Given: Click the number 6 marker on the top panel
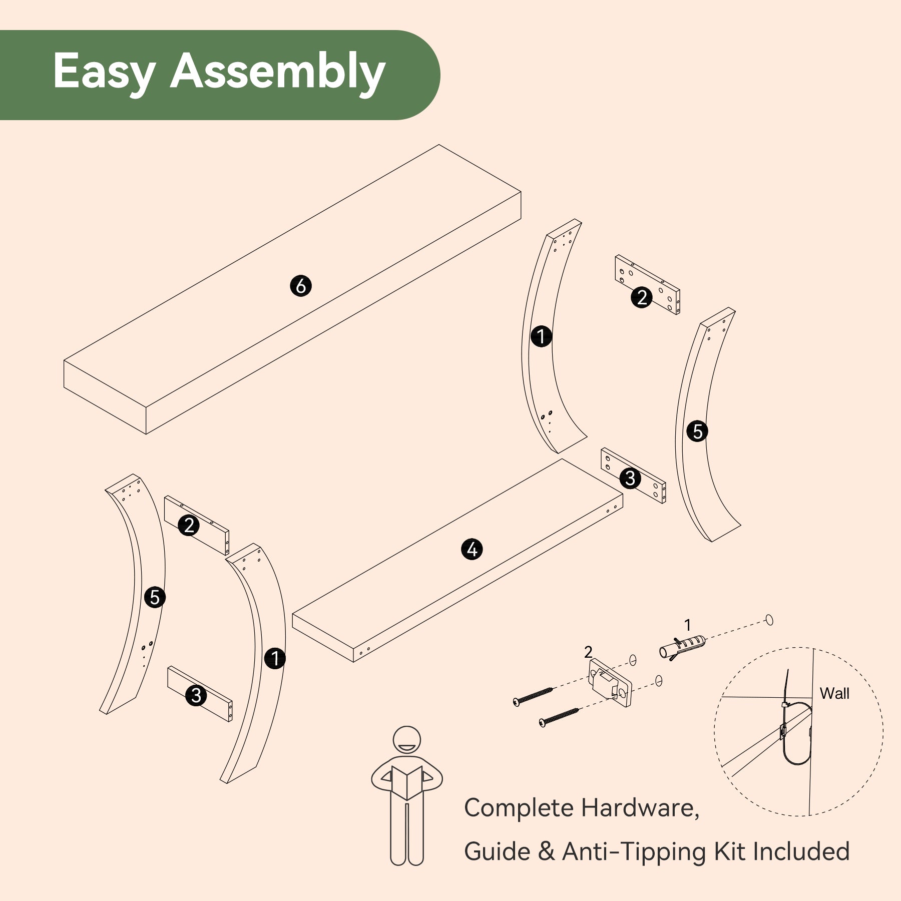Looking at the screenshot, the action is (301, 286).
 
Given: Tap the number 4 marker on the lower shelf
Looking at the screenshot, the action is (472, 549).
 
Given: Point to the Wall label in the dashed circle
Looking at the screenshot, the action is (834, 693).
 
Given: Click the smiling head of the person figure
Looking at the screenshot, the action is (406, 740).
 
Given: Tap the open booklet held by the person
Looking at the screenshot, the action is (407, 782).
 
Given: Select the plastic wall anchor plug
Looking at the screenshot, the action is (682, 646).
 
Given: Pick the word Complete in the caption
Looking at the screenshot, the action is (519, 808).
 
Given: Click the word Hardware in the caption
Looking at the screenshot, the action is (640, 807).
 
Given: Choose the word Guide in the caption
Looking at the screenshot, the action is (497, 851).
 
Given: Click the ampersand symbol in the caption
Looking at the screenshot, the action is (546, 852).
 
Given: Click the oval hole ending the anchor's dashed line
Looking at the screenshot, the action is (769, 620).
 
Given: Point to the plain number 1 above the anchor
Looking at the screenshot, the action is (688, 625).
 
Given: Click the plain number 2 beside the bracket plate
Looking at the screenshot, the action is (588, 652).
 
